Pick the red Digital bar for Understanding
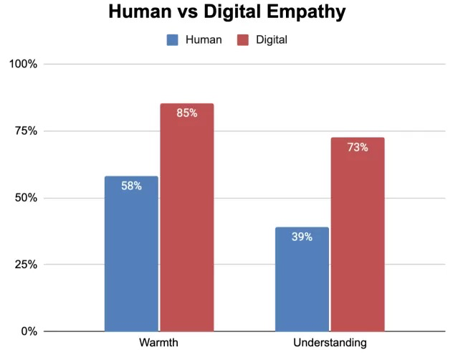357,237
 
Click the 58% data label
131,186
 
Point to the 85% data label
186,113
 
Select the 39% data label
302,237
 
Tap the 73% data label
358,148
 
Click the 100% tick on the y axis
23,65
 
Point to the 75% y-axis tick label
26,131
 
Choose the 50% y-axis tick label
26,198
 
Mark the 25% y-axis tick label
26,265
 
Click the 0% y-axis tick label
29,331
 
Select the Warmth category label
158,343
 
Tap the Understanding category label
330,343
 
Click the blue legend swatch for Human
173,40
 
